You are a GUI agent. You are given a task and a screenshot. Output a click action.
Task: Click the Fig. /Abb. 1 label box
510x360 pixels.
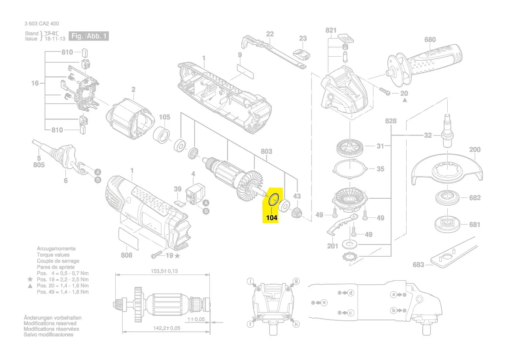89,36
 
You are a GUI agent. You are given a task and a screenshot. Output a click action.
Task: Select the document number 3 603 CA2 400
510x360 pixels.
42,24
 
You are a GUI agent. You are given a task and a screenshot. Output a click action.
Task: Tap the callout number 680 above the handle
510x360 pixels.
430,40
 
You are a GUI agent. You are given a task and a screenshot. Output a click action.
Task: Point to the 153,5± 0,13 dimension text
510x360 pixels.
164,271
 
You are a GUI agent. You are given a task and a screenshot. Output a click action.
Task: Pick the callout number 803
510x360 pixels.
266,152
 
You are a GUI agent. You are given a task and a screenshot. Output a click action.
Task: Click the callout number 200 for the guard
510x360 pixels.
475,149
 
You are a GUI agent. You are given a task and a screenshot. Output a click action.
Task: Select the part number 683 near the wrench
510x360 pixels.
418,265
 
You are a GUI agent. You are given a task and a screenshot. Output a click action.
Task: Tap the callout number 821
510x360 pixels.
331,30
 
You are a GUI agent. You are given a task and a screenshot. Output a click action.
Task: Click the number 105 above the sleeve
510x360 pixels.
164,117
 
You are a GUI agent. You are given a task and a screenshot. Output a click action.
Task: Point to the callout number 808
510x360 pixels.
126,255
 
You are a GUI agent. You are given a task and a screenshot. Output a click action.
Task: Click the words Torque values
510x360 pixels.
53,255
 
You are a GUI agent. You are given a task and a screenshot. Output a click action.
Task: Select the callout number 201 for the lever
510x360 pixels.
332,246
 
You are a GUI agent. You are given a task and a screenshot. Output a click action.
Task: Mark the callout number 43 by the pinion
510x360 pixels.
297,196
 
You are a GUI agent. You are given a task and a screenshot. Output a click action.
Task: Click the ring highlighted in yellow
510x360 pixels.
273,200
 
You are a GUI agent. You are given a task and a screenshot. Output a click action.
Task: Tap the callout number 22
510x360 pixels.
270,34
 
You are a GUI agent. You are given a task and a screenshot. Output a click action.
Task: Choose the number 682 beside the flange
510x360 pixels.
474,197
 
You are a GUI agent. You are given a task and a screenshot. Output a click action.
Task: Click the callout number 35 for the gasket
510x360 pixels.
380,169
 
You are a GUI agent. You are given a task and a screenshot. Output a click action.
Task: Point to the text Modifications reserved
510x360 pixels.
50,323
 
